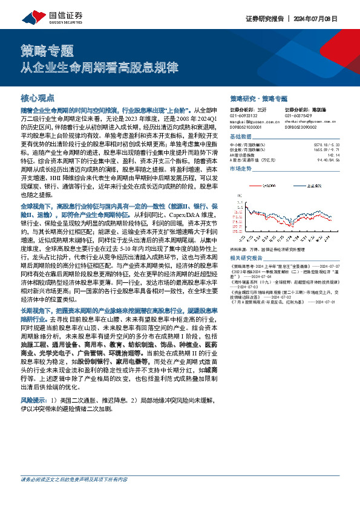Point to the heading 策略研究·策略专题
click(259, 98)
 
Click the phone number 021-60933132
click(242, 116)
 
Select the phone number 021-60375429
click(296, 116)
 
